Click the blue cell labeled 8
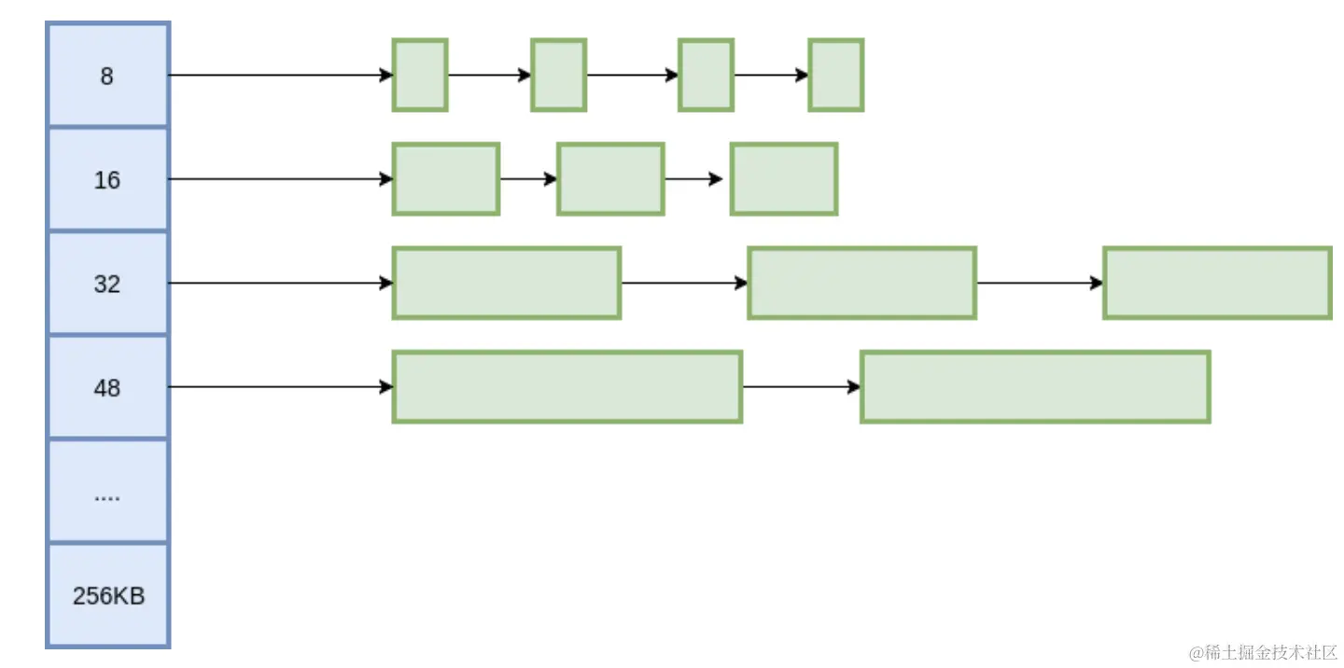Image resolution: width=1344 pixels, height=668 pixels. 108,75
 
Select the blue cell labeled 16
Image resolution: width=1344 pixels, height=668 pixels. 108,179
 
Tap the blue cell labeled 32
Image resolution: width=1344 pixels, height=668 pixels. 108,283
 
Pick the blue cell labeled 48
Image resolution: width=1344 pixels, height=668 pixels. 108,387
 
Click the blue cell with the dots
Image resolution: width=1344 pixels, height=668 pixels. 108,491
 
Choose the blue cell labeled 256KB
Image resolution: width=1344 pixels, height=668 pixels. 108,595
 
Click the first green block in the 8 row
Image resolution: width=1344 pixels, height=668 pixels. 420,75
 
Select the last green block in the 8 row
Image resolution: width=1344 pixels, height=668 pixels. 836,75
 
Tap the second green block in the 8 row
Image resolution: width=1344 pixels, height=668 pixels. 558,75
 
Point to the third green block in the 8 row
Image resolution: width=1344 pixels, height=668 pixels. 706,75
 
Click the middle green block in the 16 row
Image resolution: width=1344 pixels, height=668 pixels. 610,179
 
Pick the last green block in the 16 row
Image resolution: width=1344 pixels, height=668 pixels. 784,179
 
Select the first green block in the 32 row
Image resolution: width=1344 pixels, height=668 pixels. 507,283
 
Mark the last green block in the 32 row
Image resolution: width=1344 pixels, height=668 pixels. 1217,283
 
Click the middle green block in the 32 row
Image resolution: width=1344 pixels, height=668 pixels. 862,283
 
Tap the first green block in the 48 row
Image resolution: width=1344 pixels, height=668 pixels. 567,387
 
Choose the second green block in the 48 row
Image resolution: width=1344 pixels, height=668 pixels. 1036,387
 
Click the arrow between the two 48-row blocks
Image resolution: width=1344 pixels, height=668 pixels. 802,387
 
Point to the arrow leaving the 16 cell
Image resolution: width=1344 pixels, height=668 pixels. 281,179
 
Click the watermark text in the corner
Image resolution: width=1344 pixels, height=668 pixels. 1263,652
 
